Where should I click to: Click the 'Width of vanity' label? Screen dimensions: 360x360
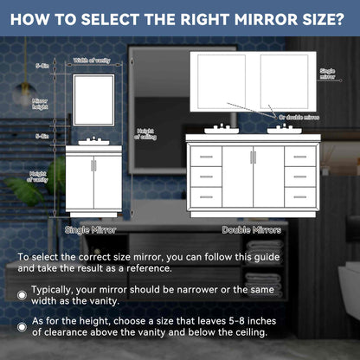coord(91,60)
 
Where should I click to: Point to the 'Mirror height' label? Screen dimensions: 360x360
coord(41,103)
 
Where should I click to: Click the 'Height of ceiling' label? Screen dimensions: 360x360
coord(146,134)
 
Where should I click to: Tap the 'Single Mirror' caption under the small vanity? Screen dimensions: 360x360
coord(91,230)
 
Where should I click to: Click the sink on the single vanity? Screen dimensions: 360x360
coord(91,139)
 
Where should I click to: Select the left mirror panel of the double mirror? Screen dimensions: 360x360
coord(223,82)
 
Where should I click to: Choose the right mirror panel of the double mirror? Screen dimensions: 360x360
coord(286,82)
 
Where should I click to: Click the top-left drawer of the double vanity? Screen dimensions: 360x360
coord(204,158)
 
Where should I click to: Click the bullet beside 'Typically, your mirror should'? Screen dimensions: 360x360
coord(22,295)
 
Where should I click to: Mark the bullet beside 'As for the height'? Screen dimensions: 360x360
coord(22,327)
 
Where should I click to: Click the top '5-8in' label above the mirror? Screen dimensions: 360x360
coord(41,66)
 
